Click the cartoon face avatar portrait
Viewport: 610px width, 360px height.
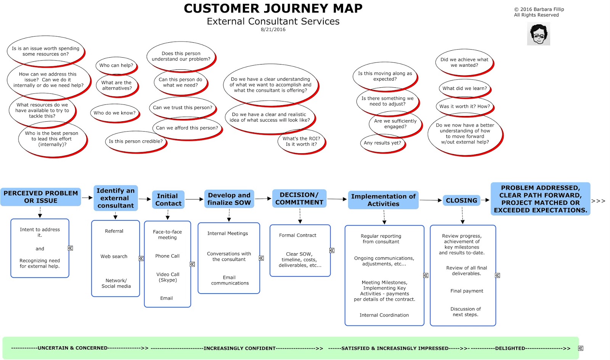[x=538, y=34]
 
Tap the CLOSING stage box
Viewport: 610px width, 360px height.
[x=461, y=200]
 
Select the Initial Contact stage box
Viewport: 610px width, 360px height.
[x=168, y=200]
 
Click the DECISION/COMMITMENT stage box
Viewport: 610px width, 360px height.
[x=299, y=198]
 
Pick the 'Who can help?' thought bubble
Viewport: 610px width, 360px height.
[x=116, y=66]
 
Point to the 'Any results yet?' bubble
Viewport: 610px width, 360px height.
[x=382, y=143]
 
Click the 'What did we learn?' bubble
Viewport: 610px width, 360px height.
[x=464, y=88]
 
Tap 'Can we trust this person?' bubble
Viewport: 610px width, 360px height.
[x=183, y=108]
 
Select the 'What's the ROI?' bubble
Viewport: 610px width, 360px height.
[x=301, y=141]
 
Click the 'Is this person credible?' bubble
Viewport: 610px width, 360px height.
[x=136, y=141]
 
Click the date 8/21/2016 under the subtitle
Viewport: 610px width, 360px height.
[x=273, y=29]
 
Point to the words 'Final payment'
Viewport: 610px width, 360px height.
[x=467, y=291]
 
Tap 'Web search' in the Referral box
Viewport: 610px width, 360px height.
[x=114, y=257]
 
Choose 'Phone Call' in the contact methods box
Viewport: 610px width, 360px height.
[x=167, y=256]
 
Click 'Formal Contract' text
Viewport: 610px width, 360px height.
[x=297, y=235]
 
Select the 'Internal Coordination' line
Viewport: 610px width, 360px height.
[x=384, y=315]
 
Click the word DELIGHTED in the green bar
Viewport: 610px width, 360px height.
[x=510, y=348]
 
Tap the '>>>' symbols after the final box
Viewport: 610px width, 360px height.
[x=598, y=201]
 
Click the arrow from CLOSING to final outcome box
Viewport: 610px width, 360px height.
[x=485, y=200]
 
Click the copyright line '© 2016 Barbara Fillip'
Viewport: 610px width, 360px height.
[x=539, y=9]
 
